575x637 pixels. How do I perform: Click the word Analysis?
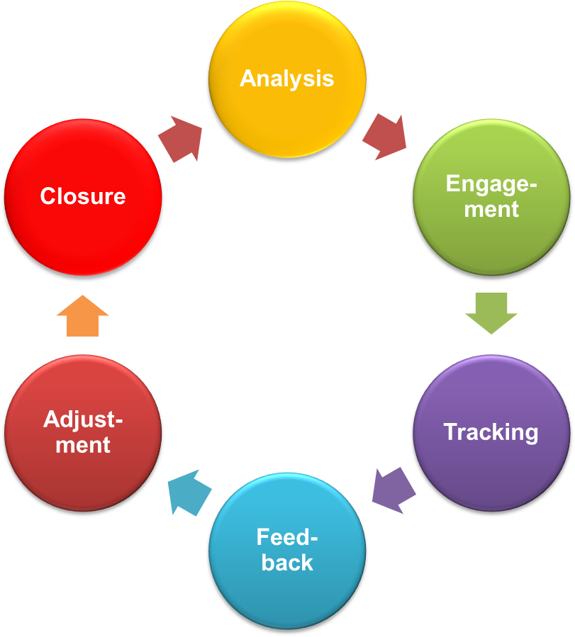pyautogui.click(x=286, y=78)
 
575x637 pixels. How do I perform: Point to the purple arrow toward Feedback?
pyautogui.click(x=393, y=490)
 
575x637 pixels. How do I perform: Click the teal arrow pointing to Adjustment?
pyautogui.click(x=189, y=491)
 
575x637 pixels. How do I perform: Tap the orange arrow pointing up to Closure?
pyautogui.click(x=82, y=316)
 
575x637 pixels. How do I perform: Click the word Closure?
pyautogui.click(x=83, y=196)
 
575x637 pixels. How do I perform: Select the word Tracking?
pyautogui.click(x=491, y=432)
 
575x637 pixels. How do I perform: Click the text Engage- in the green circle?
pyautogui.click(x=491, y=184)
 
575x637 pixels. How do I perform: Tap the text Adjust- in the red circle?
pyautogui.click(x=83, y=419)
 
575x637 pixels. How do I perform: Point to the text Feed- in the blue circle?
pyautogui.click(x=286, y=537)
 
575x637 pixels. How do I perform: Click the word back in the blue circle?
pyautogui.click(x=286, y=563)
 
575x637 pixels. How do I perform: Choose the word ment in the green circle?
pyautogui.click(x=491, y=210)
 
